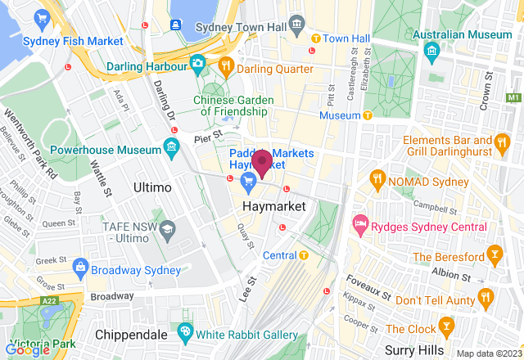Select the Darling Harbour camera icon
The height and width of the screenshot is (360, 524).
pos(197,62)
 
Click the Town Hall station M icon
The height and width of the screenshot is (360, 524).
pos(315,38)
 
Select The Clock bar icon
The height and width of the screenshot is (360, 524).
pos(446,328)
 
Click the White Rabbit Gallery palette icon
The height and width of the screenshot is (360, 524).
pos(184,334)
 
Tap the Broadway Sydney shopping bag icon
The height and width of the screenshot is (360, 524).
pos(80,266)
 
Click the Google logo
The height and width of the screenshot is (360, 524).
pos(26,350)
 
